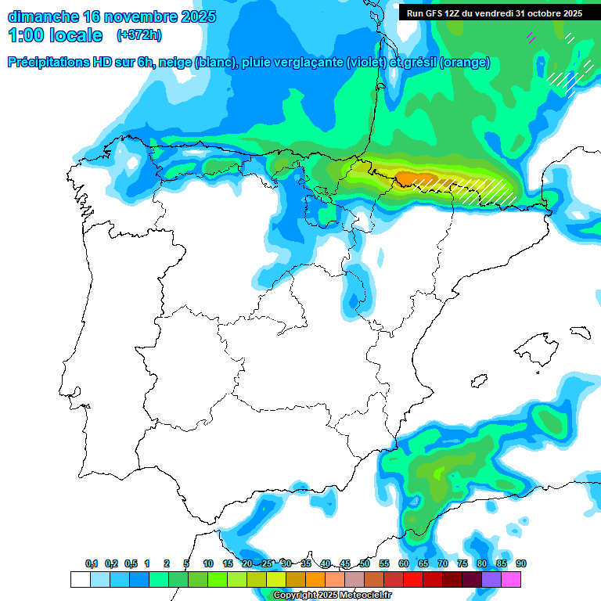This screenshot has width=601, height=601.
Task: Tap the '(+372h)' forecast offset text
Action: tap(139, 35)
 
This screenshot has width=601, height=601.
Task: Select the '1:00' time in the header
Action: tap(27, 35)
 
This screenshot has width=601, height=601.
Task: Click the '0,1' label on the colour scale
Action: tap(92, 563)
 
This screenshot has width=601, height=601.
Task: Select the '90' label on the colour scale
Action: tap(520, 563)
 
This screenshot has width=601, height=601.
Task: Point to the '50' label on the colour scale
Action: tap(365, 563)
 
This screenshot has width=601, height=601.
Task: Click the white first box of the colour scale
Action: tap(80, 579)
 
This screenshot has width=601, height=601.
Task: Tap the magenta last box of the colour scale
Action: tap(511, 579)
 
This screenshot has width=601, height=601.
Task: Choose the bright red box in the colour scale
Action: tap(412, 579)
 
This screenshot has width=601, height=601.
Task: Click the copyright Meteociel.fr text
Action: tap(332, 596)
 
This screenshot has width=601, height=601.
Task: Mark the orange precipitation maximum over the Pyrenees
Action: tap(409, 178)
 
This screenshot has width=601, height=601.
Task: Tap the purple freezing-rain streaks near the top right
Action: tap(531, 36)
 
